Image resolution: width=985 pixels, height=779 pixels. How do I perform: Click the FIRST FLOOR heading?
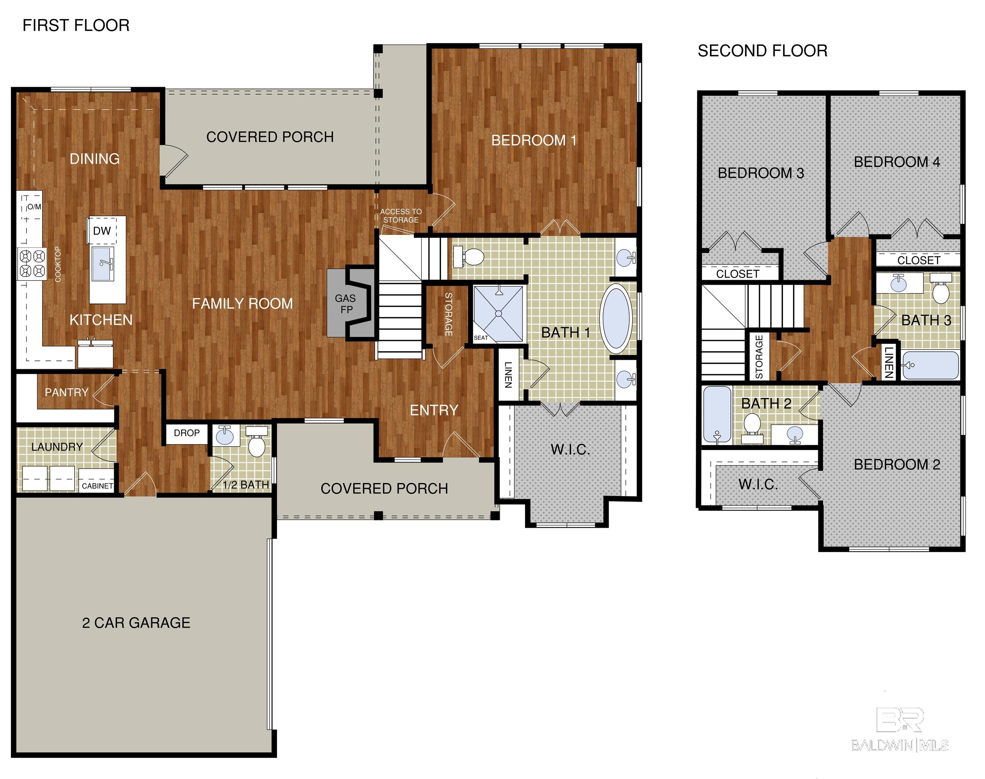click(76, 26)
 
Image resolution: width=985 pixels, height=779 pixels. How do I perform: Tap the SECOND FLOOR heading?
click(762, 51)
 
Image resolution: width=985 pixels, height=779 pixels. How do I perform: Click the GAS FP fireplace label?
click(345, 304)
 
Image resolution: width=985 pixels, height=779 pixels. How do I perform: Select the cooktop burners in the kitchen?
click(32, 264)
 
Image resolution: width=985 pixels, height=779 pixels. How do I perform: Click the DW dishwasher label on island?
click(102, 231)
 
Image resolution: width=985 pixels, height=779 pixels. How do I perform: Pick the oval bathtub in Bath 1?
click(616, 319)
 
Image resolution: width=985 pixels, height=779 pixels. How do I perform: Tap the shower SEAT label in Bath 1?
click(481, 337)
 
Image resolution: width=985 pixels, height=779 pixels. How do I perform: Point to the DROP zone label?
click(187, 432)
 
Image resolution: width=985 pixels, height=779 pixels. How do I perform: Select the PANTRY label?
click(67, 392)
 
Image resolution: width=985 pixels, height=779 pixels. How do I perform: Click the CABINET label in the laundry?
click(97, 486)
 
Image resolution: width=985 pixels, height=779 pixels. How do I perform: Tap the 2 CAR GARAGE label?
click(136, 622)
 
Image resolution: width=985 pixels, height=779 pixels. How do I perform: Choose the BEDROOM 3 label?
click(760, 173)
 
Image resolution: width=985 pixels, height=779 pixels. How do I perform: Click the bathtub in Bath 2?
click(717, 415)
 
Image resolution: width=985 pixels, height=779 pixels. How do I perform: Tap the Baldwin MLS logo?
click(900, 730)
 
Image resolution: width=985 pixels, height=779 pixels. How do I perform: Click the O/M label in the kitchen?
click(34, 207)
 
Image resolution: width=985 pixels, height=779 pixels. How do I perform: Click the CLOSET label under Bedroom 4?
click(918, 260)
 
